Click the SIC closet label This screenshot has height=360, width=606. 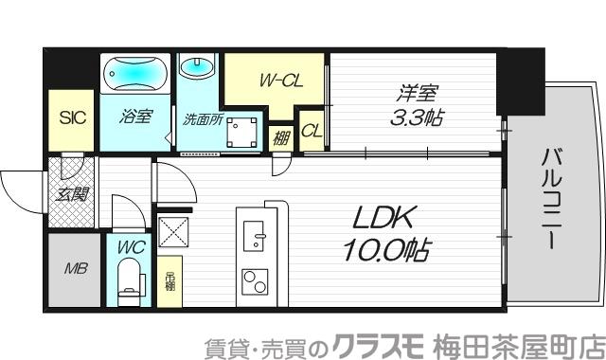click(72, 118)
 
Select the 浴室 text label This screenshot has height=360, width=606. click(135, 118)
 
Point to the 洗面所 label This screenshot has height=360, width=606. click(202, 121)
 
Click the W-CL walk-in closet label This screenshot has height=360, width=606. click(280, 81)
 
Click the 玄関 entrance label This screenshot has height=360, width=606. click(69, 196)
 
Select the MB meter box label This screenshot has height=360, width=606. click(75, 269)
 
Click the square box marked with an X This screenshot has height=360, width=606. click(175, 232)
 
